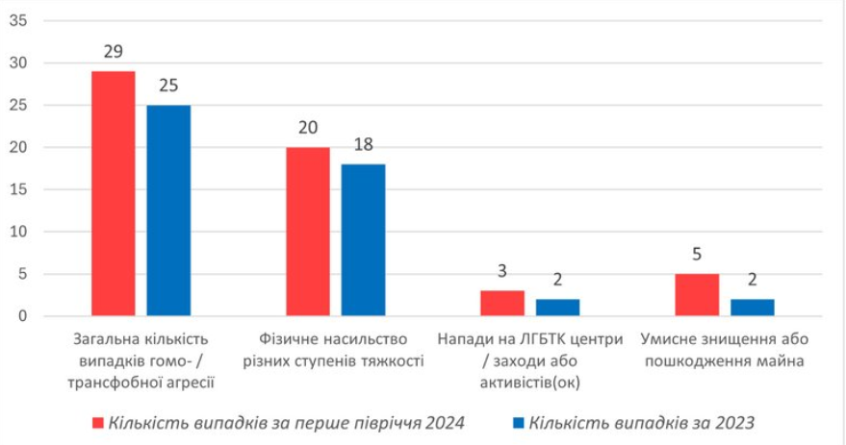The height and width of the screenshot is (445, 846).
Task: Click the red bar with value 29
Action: [x=113, y=193]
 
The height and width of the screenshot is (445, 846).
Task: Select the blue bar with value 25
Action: [x=168, y=210]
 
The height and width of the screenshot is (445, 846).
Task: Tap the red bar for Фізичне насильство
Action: [x=307, y=232]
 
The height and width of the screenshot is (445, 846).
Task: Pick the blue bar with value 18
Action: [x=363, y=239]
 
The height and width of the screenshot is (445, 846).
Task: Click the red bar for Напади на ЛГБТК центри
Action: [x=502, y=303]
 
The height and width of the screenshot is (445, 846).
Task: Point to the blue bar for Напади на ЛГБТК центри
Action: [x=557, y=308]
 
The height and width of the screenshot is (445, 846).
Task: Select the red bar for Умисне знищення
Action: [x=697, y=295]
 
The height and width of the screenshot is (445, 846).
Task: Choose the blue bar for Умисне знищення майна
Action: [x=752, y=308]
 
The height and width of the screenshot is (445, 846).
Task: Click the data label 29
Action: [x=114, y=52]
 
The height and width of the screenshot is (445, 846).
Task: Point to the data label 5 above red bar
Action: [x=697, y=256]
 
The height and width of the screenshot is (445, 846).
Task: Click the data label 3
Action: [x=502, y=272]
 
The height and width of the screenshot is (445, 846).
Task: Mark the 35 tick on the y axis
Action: [x=19, y=21]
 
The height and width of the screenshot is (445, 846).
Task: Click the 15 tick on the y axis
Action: [x=19, y=190]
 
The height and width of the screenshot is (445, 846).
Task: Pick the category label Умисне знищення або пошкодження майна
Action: [x=724, y=350]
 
